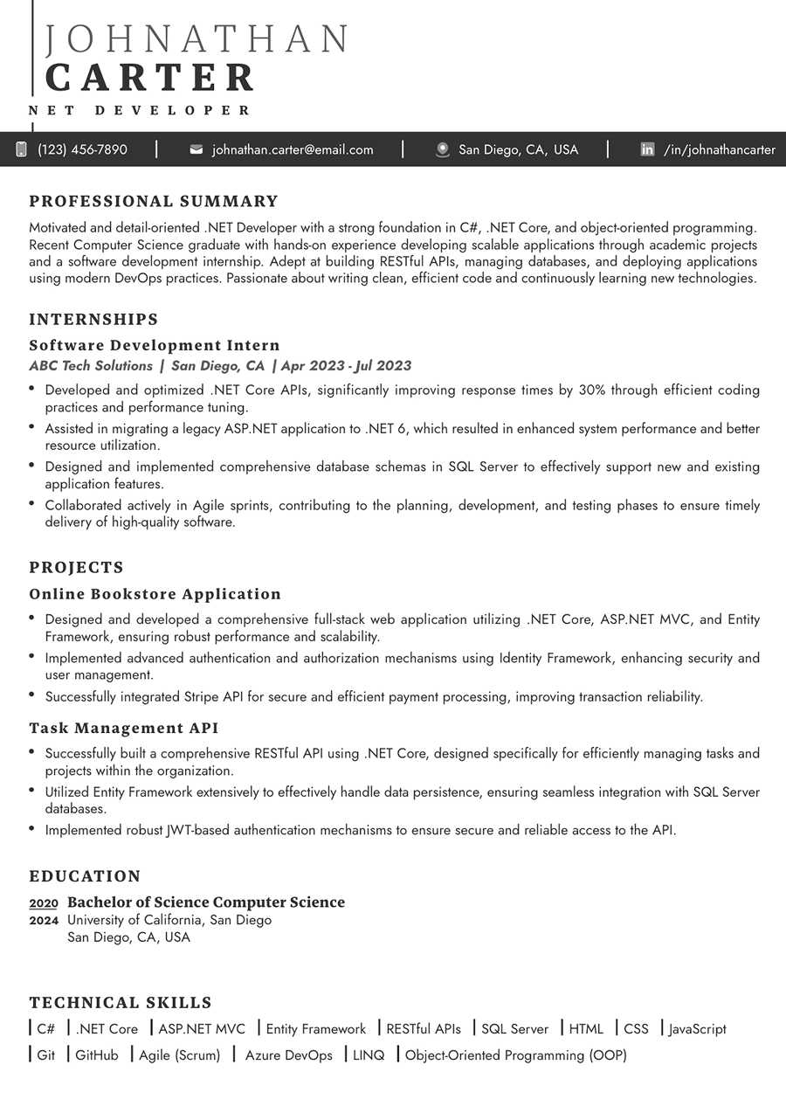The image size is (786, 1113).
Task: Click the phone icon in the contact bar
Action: [21, 149]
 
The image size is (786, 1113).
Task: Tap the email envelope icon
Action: [196, 149]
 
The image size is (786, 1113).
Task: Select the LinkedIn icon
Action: [647, 149]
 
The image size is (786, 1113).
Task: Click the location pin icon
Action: [443, 149]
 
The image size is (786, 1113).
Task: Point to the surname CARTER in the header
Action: [149, 78]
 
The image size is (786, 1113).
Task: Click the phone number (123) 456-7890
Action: [82, 149]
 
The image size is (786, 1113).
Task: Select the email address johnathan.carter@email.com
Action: [293, 149]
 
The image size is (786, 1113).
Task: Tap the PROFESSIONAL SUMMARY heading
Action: [154, 202]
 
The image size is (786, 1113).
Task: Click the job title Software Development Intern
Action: [155, 345]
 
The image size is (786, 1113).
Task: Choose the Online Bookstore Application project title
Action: [155, 594]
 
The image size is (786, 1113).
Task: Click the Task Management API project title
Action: [124, 728]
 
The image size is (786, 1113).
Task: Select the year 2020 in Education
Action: [44, 903]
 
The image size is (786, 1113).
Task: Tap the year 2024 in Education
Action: [44, 920]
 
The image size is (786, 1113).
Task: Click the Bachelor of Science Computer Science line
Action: [206, 902]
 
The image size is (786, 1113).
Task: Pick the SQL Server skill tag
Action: [514, 1029]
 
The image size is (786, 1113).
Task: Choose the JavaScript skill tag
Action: [697, 1029]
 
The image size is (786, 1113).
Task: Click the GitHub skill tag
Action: [96, 1055]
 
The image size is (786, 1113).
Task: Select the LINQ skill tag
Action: [369, 1055]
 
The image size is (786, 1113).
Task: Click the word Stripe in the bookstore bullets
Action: [202, 697]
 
